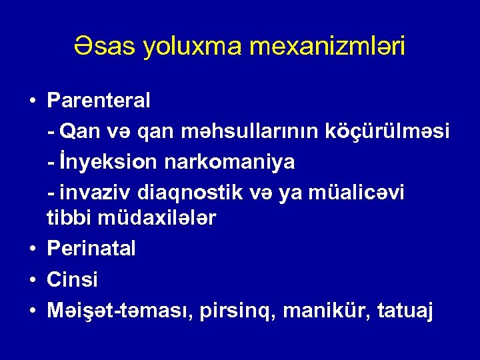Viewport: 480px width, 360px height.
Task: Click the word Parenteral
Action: coord(99,101)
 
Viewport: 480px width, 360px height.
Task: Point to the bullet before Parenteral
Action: coord(32,101)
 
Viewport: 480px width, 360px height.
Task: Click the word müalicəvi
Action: coord(365,192)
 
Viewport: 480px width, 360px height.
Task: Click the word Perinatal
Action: coord(91,249)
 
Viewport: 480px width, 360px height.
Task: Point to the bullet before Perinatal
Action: coord(32,249)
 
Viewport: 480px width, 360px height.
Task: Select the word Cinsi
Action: coord(72,279)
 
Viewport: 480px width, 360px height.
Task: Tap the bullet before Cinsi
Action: coord(32,280)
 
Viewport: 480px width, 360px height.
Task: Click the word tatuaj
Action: coord(406,310)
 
